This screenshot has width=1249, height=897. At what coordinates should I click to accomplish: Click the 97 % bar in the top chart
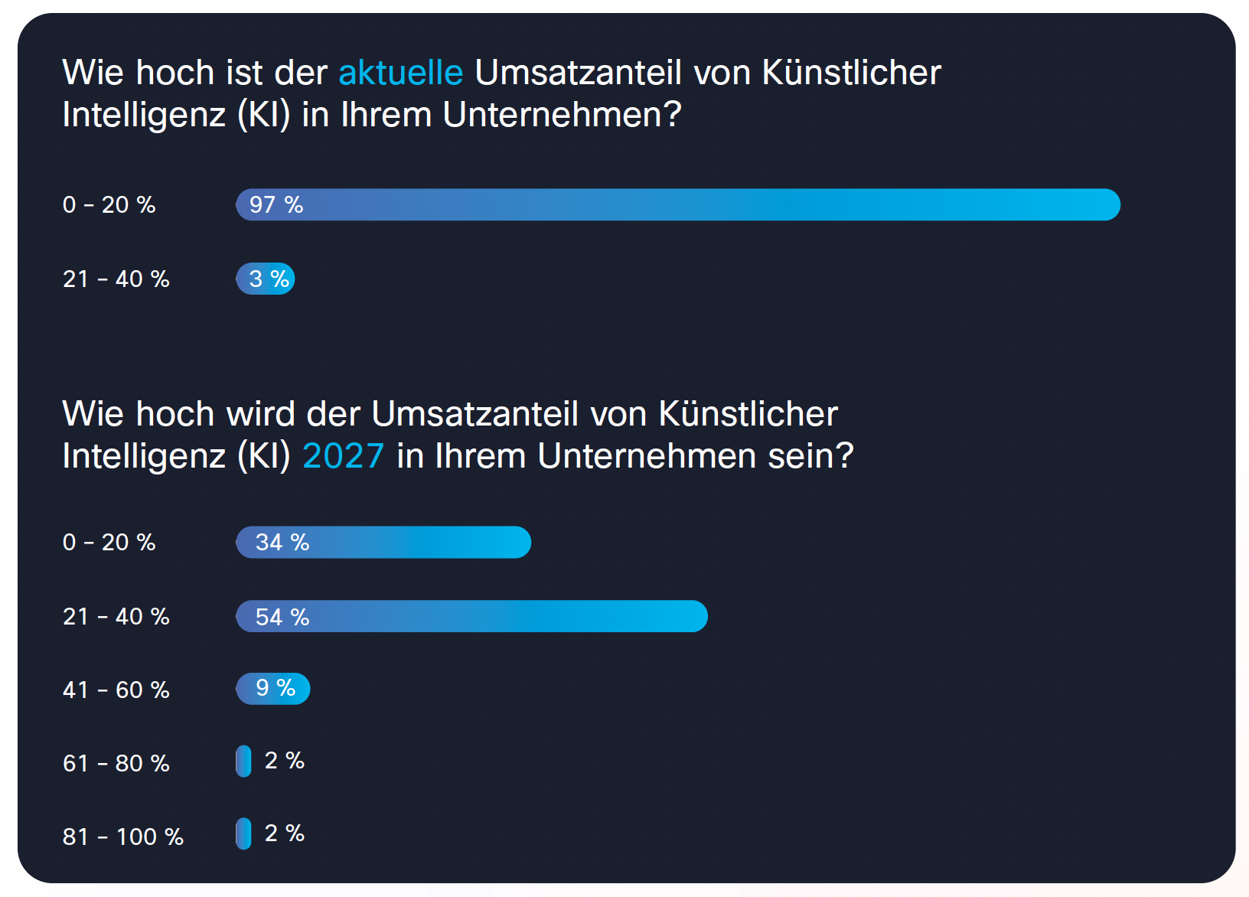click(x=677, y=204)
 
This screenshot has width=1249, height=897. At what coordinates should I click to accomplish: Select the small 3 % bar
click(x=266, y=279)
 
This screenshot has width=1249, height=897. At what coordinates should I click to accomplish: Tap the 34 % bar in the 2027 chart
click(x=383, y=542)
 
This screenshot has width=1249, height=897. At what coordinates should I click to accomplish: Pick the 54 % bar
click(x=471, y=616)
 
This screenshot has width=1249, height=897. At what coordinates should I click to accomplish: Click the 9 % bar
click(x=273, y=689)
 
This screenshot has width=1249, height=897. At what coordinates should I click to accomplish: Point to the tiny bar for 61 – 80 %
click(x=243, y=762)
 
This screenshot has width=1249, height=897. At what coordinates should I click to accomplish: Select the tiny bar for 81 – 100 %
click(x=243, y=833)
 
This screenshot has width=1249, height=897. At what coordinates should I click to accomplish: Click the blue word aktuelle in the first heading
click(x=400, y=73)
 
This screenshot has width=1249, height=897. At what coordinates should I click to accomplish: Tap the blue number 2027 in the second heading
click(x=343, y=456)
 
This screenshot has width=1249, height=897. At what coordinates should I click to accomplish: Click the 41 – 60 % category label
click(x=116, y=690)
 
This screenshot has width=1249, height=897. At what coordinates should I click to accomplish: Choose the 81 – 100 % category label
click(x=123, y=837)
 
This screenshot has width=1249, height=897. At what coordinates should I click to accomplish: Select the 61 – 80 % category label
click(x=116, y=763)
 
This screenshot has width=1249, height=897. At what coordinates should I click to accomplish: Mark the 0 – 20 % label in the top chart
click(x=109, y=204)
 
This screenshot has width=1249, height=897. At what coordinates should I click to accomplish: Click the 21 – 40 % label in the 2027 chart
click(x=116, y=616)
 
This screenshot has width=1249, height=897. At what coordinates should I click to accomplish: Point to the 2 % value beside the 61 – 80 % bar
click(x=284, y=761)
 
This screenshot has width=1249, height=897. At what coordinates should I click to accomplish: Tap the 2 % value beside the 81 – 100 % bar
click(x=284, y=833)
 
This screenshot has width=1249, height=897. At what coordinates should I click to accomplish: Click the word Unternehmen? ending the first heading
click(x=562, y=115)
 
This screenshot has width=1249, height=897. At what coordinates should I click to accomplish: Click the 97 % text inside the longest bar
click(x=276, y=205)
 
